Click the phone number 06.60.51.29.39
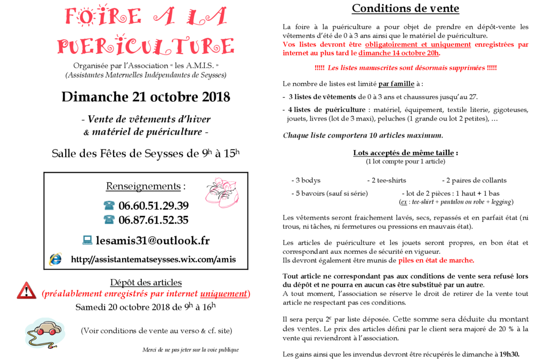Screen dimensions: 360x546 click(x=153, y=206)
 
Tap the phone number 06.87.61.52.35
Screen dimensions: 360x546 click(x=153, y=220)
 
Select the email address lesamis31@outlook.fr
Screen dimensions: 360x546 click(x=152, y=241)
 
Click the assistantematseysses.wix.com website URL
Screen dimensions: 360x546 click(x=153, y=260)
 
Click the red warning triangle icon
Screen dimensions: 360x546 click(x=26, y=291)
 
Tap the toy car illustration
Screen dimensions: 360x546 click(x=45, y=332)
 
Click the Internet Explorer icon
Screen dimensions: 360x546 click(x=55, y=259)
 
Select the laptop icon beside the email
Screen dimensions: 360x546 click(x=87, y=241)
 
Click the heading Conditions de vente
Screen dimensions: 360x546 click(x=405, y=9)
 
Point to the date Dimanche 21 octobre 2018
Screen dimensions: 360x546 click(x=146, y=97)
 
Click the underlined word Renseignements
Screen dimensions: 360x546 click(x=143, y=186)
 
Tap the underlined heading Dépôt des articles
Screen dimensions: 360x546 click(x=146, y=282)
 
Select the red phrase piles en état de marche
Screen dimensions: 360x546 click(x=436, y=261)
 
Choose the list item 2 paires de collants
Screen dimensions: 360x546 click(x=474, y=180)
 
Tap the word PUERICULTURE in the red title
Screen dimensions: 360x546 click(x=146, y=46)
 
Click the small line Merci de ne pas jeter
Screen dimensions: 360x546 click(x=190, y=350)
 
